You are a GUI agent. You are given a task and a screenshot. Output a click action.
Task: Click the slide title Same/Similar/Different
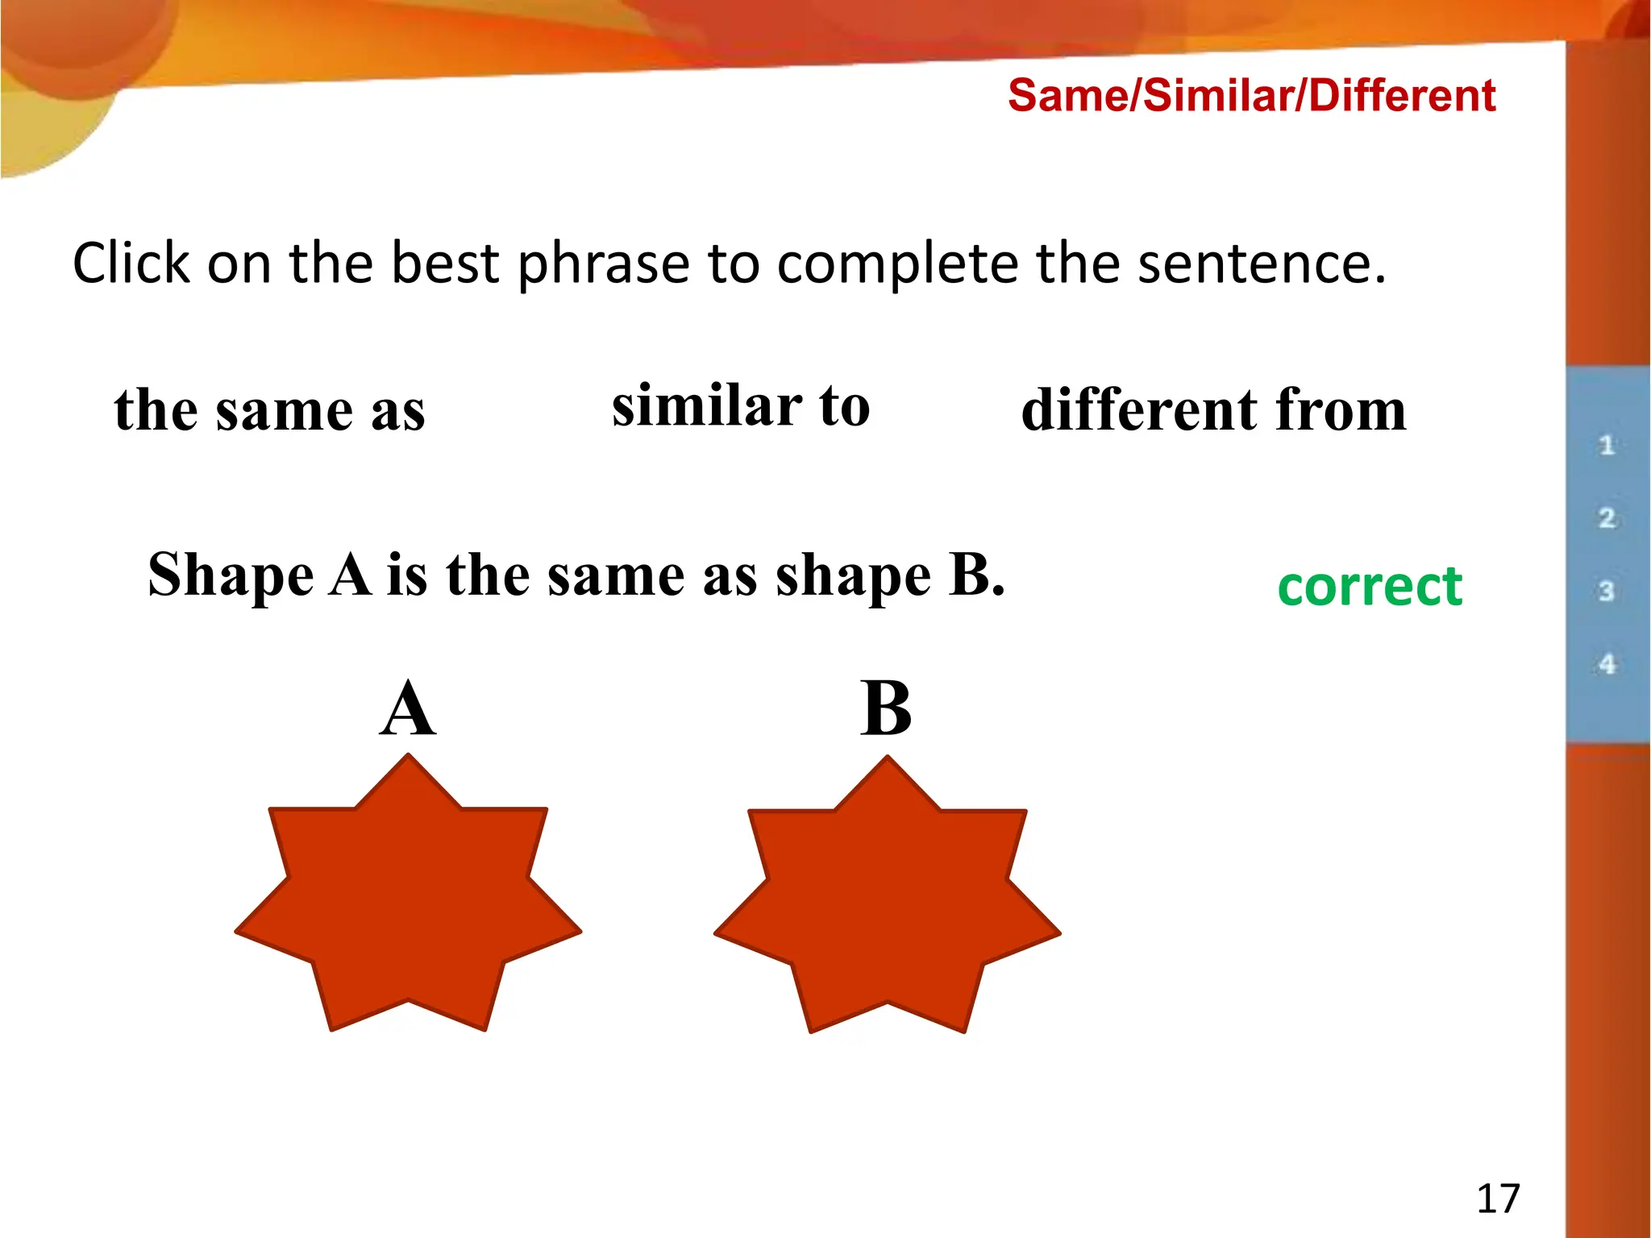coord(1251,96)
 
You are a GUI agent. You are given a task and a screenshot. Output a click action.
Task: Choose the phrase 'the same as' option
coord(269,410)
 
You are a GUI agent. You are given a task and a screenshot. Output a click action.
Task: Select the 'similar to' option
coord(741,405)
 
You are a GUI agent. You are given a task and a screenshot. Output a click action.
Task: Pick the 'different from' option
coord(1213,410)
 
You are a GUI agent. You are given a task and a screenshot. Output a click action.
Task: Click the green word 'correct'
coord(1370,586)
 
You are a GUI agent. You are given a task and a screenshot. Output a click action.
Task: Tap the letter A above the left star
coord(408,709)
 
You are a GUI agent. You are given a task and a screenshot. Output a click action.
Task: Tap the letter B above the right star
coord(886,709)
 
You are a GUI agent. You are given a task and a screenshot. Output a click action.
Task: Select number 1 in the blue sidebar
coord(1607,445)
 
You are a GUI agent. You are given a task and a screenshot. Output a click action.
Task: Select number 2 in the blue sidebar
coord(1607,518)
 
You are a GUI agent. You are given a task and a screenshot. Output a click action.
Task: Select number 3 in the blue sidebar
coord(1607,592)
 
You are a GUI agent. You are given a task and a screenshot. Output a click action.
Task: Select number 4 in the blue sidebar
coord(1607,665)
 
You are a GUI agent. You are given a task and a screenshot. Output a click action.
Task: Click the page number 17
coord(1498,1199)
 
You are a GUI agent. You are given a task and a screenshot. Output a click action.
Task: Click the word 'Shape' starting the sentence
coord(231,575)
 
